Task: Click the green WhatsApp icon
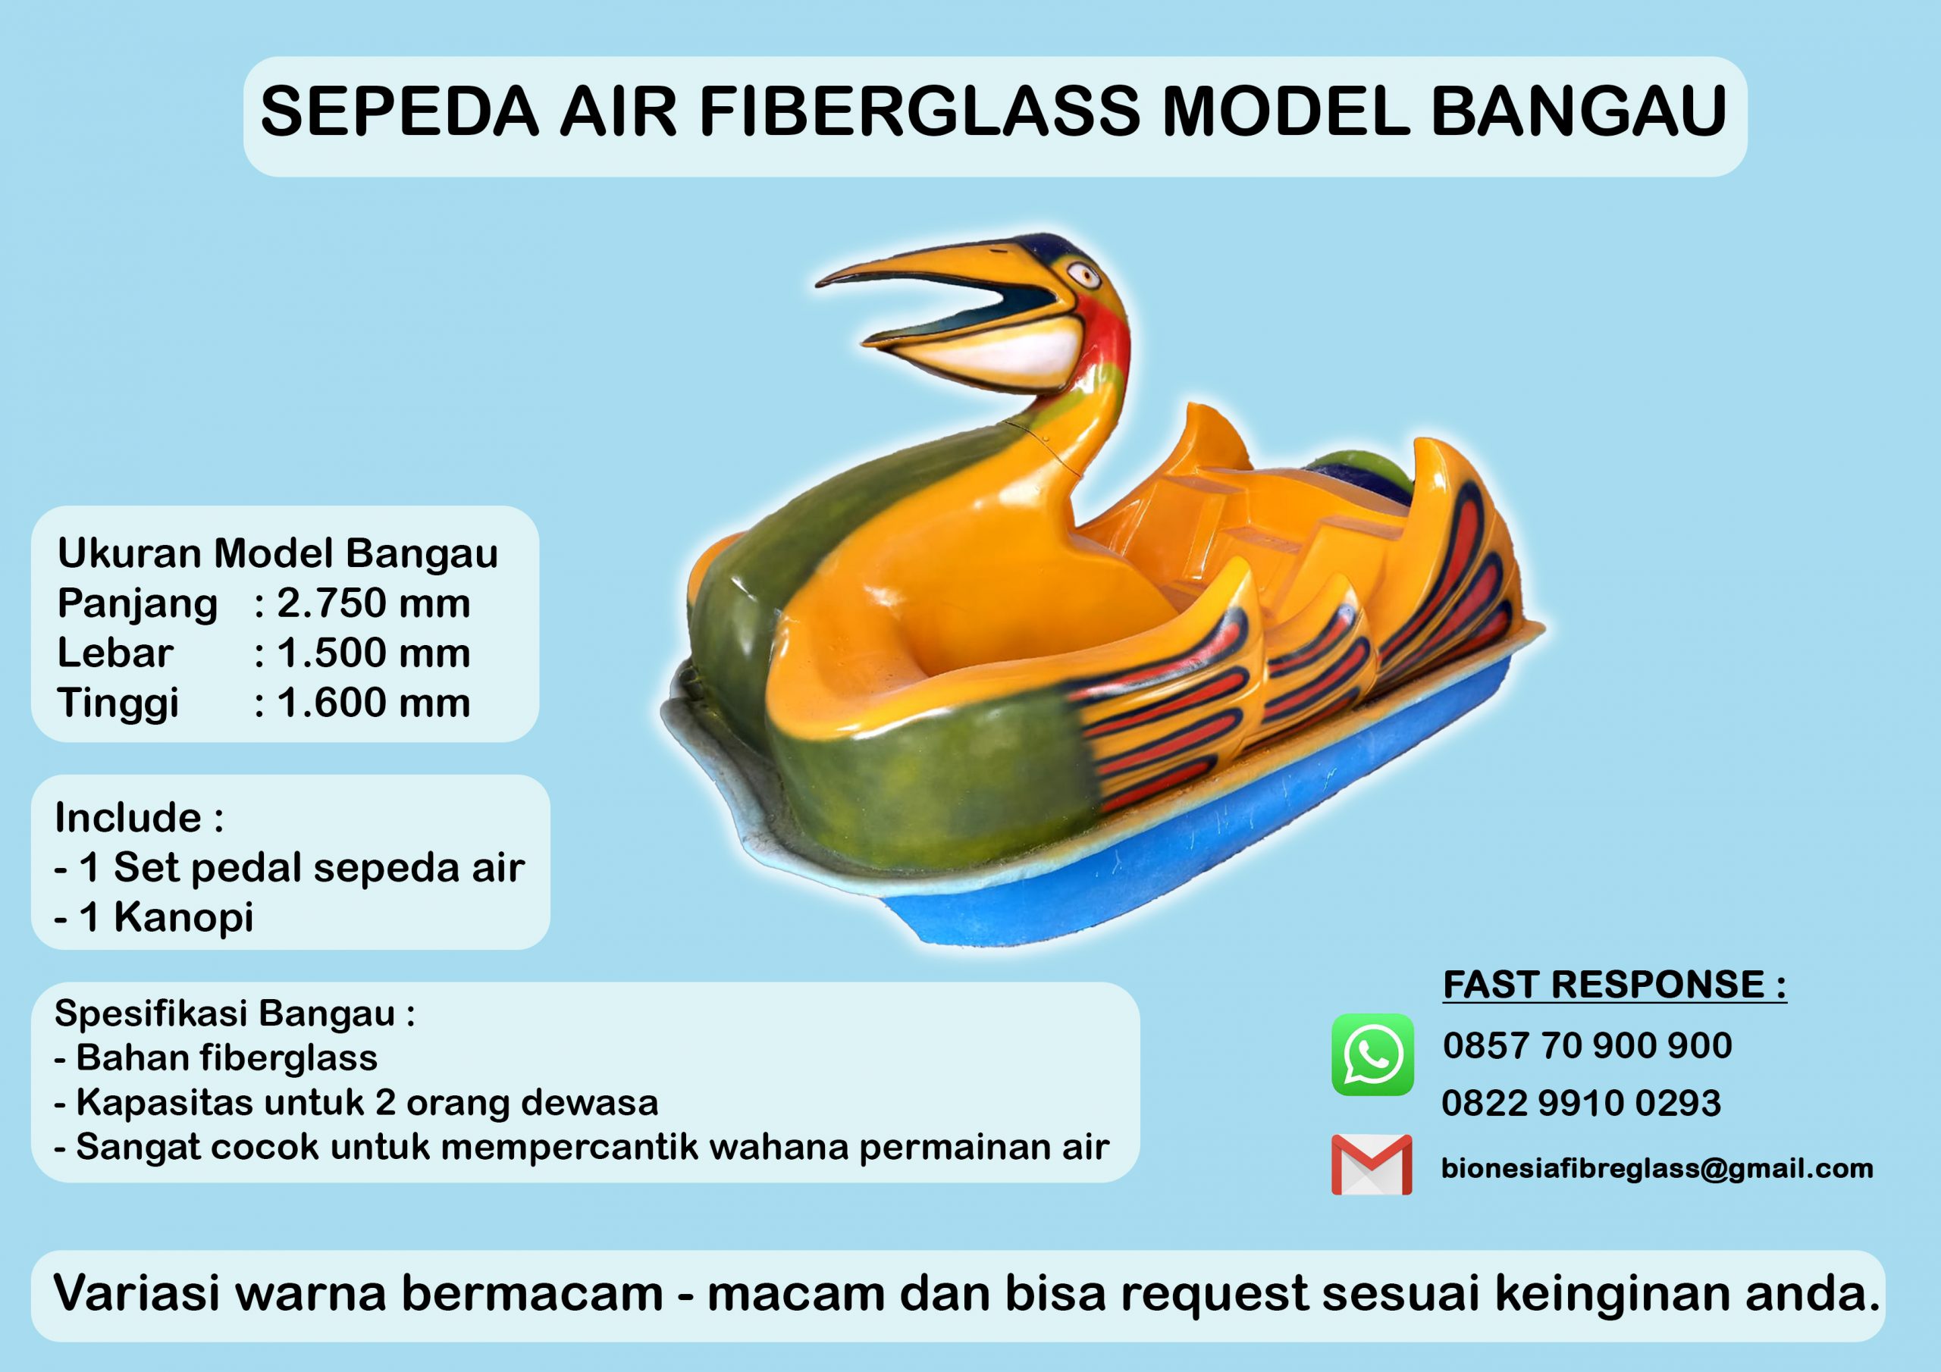click(x=1373, y=1055)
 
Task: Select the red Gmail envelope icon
click(x=1372, y=1164)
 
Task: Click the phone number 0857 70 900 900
click(x=1588, y=1047)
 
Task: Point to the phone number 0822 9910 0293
click(x=1582, y=1103)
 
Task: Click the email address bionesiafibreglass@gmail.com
click(x=1657, y=1168)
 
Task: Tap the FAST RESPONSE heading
click(x=1615, y=985)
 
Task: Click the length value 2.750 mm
click(x=374, y=603)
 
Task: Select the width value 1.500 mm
click(x=374, y=653)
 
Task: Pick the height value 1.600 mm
click(x=374, y=703)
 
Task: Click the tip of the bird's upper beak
click(x=818, y=282)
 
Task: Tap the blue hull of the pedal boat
click(x=1226, y=854)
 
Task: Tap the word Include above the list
click(x=128, y=817)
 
